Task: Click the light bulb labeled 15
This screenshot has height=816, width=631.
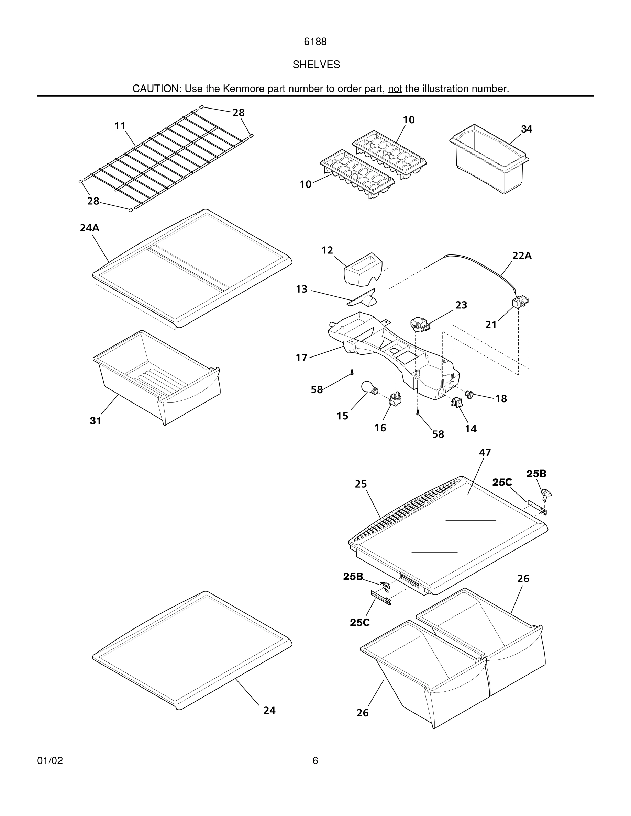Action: tap(369, 388)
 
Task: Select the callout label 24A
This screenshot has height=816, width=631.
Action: tap(90, 228)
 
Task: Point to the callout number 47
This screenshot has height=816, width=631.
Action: tap(485, 452)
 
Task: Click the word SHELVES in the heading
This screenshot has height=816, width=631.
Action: tap(316, 65)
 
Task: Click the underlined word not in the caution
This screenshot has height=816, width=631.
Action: tap(395, 89)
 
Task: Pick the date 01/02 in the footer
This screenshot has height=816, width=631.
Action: tap(50, 761)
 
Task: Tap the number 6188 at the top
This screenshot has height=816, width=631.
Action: tap(315, 42)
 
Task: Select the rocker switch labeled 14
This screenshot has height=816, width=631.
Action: tap(457, 403)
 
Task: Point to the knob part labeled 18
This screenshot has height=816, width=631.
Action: tap(469, 394)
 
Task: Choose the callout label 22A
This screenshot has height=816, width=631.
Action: tap(522, 256)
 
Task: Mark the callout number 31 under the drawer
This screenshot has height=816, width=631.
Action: tap(95, 421)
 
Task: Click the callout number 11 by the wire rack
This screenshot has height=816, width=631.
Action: tap(120, 126)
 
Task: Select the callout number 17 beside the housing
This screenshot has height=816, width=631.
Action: tap(301, 358)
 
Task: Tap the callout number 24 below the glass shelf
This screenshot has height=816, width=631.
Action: tap(269, 710)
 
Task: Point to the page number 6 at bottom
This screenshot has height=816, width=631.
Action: tap(315, 761)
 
